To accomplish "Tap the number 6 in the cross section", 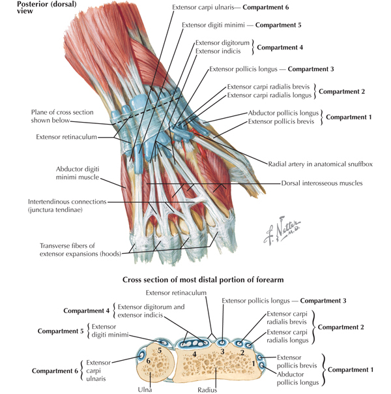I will coord(148,361).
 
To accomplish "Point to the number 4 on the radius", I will coord(195,354).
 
